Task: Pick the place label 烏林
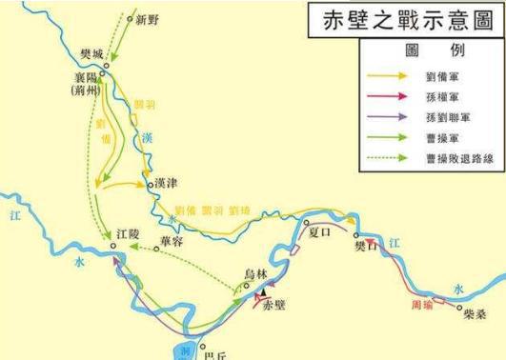[x=257, y=271]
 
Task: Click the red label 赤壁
[x=273, y=306]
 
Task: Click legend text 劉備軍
[x=447, y=73]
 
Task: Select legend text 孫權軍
[x=447, y=95]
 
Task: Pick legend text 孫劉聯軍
[x=451, y=116]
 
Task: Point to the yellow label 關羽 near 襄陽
[x=148, y=101]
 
